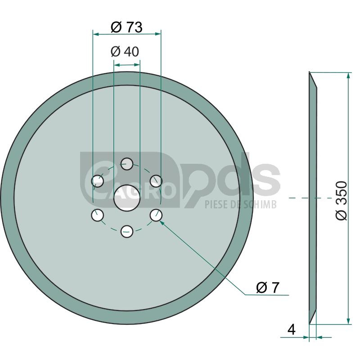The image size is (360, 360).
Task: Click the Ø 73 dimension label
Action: point(126,27)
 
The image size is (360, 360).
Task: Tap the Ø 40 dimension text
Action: point(125,51)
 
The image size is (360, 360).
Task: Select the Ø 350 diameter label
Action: point(341,200)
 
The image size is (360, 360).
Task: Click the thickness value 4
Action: point(291,330)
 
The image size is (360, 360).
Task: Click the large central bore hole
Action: point(127,198)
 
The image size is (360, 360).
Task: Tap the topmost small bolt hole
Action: point(127,164)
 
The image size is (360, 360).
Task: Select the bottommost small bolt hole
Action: point(127,231)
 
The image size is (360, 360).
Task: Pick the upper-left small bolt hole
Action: point(97,181)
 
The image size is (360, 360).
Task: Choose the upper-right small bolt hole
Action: point(156,181)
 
